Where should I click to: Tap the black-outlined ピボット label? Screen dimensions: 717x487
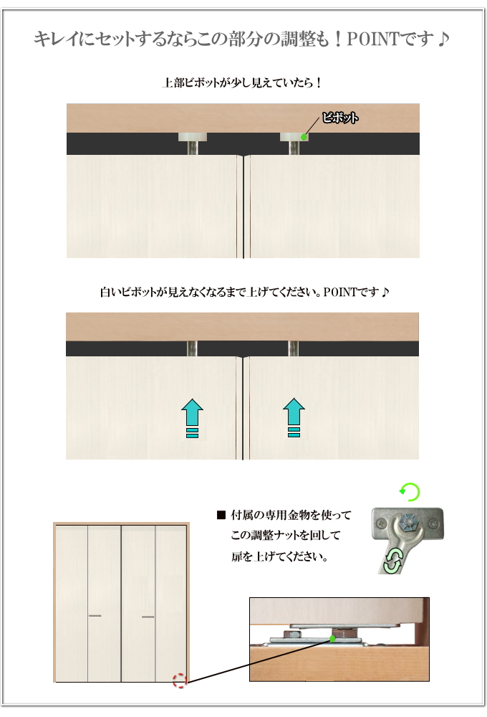[339, 118]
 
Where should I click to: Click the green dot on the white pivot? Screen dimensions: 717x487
[304, 137]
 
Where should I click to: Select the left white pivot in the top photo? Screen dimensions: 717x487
[192, 136]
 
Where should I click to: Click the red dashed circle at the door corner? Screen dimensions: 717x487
[180, 680]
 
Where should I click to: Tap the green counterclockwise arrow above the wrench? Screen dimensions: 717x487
[409, 492]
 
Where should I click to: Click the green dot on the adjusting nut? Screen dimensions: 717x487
[332, 637]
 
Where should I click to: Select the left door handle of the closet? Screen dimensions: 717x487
[95, 616]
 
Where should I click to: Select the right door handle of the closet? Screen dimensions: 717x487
[148, 616]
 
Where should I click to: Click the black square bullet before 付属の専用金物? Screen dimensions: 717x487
[221, 516]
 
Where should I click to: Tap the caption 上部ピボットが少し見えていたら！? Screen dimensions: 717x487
[243, 82]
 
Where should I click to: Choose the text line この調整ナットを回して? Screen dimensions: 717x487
[285, 536]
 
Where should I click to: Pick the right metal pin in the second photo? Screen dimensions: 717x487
[293, 348]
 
